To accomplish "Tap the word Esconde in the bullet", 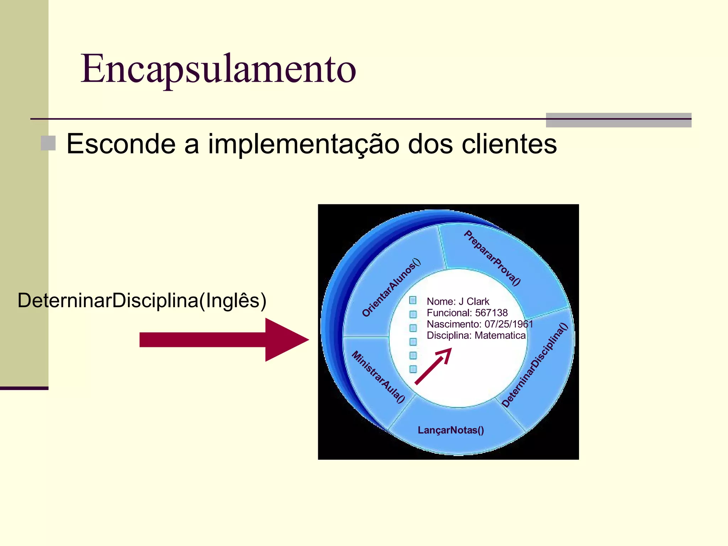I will point(121,144).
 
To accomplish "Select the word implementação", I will point(304,145).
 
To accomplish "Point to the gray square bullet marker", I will point(48,143).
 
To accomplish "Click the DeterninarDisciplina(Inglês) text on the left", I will point(142,300).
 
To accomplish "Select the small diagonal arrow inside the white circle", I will point(433,366).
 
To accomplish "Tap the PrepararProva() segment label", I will point(492,258).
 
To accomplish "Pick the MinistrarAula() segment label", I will point(378,377).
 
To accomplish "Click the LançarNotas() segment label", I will point(451,430).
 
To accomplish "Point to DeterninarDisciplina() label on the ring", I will point(535,365).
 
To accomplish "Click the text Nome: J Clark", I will point(458,301).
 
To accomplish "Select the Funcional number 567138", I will point(491,313).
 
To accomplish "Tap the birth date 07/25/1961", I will point(509,324).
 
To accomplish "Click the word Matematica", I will point(500,336).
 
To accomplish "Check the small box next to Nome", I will point(413,300).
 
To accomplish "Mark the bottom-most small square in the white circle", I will point(413,369).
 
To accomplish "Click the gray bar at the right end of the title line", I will point(618,120).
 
